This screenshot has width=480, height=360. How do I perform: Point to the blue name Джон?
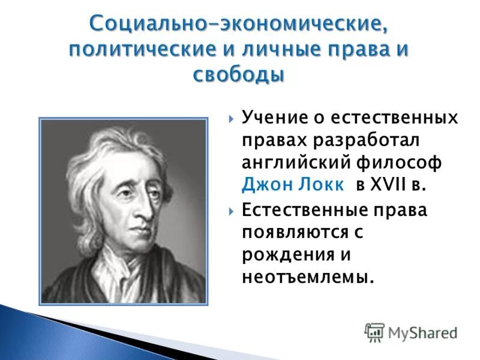[262, 185]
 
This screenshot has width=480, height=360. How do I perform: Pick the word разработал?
[368, 139]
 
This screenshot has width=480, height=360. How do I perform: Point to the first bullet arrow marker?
[232, 117]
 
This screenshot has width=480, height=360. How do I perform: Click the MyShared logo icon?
[374, 332]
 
